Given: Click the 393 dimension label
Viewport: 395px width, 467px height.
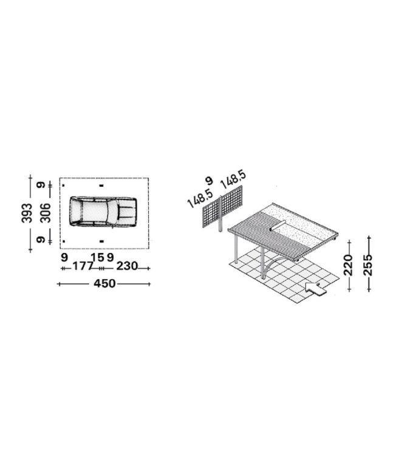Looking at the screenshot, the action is [27, 213].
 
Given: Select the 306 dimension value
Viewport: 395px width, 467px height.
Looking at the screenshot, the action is [46, 213].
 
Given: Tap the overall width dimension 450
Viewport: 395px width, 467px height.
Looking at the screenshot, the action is [105, 283].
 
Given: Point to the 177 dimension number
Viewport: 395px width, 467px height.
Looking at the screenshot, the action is [83, 266].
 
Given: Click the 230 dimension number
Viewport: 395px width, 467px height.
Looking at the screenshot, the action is [127, 266].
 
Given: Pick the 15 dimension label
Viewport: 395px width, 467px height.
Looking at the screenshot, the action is [97, 257].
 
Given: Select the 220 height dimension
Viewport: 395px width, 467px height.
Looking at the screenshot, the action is [348, 265].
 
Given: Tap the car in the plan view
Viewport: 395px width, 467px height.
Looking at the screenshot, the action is [103, 212].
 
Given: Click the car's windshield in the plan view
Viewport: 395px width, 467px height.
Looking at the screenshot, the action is [112, 212].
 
